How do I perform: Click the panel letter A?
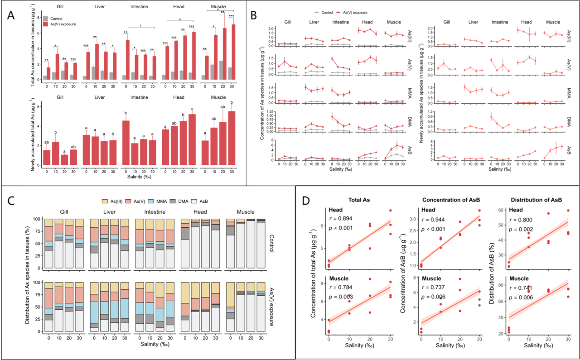click(12, 15)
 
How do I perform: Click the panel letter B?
click(254, 15)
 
